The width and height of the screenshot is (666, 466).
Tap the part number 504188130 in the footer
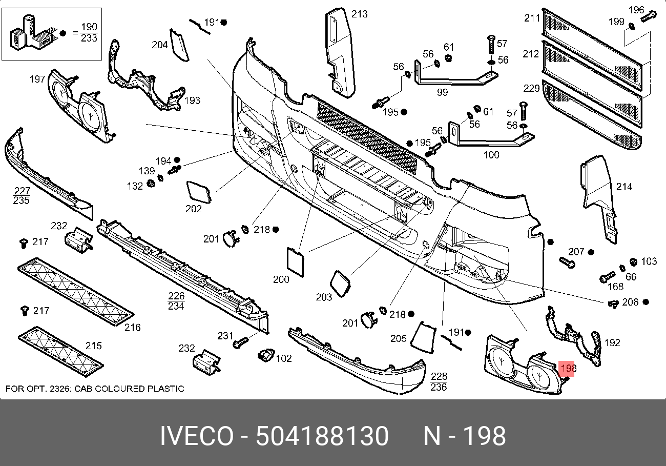tap(322, 436)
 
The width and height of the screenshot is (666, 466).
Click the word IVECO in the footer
tap(197, 436)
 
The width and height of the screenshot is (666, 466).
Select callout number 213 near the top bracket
tap(360, 14)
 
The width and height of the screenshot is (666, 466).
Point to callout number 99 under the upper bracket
tap(442, 92)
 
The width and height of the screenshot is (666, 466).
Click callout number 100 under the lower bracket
tap(491, 155)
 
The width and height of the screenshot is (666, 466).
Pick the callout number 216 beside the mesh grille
tap(132, 328)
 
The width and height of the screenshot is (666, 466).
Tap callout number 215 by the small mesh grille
tap(94, 346)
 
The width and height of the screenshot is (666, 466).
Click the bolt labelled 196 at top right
tap(648, 16)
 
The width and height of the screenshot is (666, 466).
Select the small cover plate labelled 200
tap(295, 262)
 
